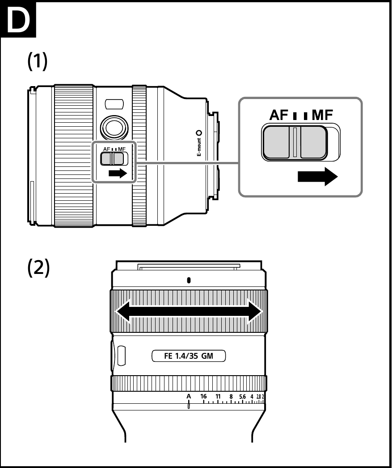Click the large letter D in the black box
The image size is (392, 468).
tap(18, 20)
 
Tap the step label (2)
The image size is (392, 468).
tap(38, 267)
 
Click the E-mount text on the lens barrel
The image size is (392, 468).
tap(199, 147)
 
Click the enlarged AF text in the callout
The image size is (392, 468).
tap(279, 116)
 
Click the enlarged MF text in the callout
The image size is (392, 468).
tap(322, 116)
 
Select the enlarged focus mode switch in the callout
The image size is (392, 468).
tap(295, 142)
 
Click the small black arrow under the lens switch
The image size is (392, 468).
tap(118, 174)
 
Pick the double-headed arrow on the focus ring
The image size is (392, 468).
tap(189, 311)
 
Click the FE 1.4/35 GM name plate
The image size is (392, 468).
tap(189, 356)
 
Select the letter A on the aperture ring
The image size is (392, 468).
tap(189, 396)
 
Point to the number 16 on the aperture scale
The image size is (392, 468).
tap(204, 396)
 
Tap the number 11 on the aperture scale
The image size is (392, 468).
tap(218, 396)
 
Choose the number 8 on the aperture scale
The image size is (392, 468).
tap(231, 396)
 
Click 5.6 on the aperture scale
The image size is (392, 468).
tap(243, 396)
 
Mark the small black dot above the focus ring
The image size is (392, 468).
tap(189, 280)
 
